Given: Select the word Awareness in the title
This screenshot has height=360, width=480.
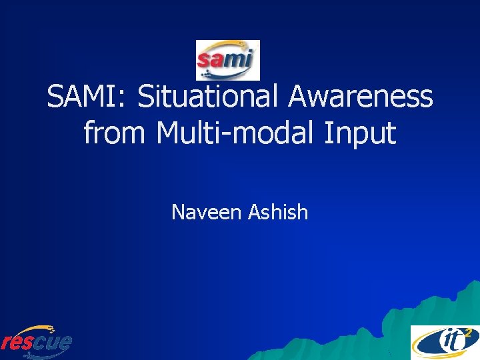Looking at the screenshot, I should pyautogui.click(x=361, y=97).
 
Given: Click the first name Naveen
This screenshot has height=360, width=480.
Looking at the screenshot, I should pyautogui.click(x=207, y=213).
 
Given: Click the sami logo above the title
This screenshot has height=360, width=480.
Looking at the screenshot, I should pyautogui.click(x=227, y=60).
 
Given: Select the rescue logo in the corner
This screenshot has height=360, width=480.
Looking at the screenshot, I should pyautogui.click(x=36, y=341).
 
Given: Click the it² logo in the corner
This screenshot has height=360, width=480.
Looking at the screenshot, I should pyautogui.click(x=443, y=342).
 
